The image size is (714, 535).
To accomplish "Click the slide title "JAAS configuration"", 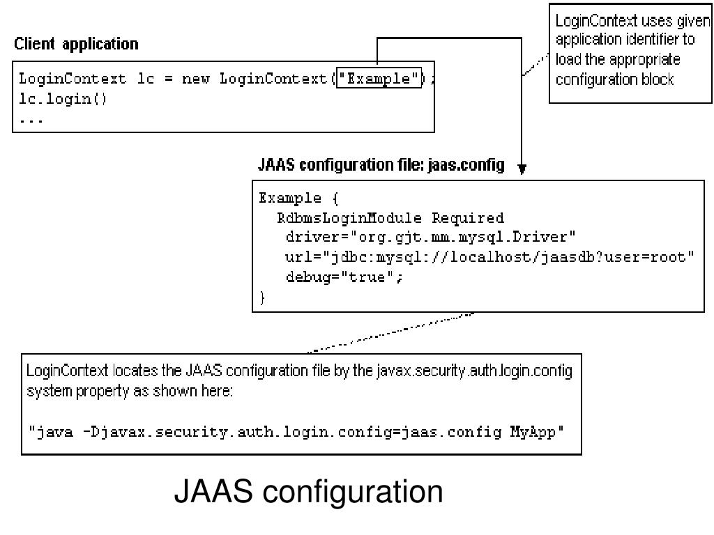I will coord(308,492).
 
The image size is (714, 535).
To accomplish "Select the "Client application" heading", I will coord(76,45).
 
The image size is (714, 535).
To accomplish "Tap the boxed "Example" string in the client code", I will coord(379,79).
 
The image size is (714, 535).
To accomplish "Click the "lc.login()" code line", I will coord(63,98).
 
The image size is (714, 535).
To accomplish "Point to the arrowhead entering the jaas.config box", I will coord(524,168).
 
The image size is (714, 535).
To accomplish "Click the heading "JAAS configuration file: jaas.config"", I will coord(381,166).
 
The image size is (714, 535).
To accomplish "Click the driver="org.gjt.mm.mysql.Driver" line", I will coord(430,238).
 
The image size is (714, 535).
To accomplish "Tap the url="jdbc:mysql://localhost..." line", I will coord(490,257).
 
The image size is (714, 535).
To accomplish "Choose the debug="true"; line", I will coord(344,277).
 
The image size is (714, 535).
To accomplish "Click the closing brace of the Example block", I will coord(263,297).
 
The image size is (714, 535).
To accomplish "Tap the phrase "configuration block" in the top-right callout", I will coord(614,79).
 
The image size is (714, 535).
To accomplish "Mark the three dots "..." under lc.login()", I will coord(31,119).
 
